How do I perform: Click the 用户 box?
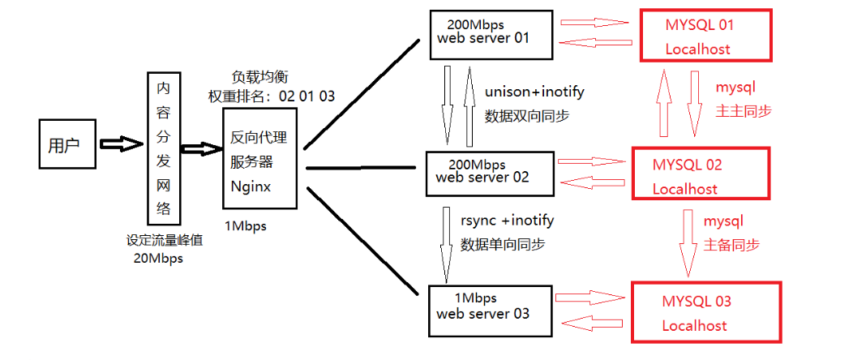pyautogui.click(x=68, y=145)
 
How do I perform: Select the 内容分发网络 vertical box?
pyautogui.click(x=164, y=148)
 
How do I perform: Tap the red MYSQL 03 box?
pyautogui.click(x=705, y=312)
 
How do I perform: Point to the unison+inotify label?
pyautogui.click(x=534, y=92)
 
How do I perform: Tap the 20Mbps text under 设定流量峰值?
pyautogui.click(x=159, y=259)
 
